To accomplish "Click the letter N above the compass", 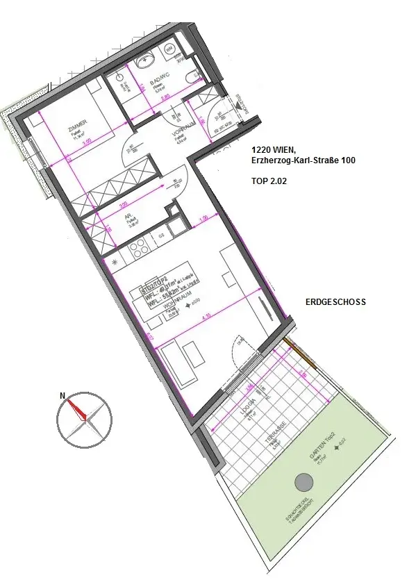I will pyautogui.click(x=63, y=396).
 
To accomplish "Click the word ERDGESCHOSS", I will pyautogui.click(x=335, y=303).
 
